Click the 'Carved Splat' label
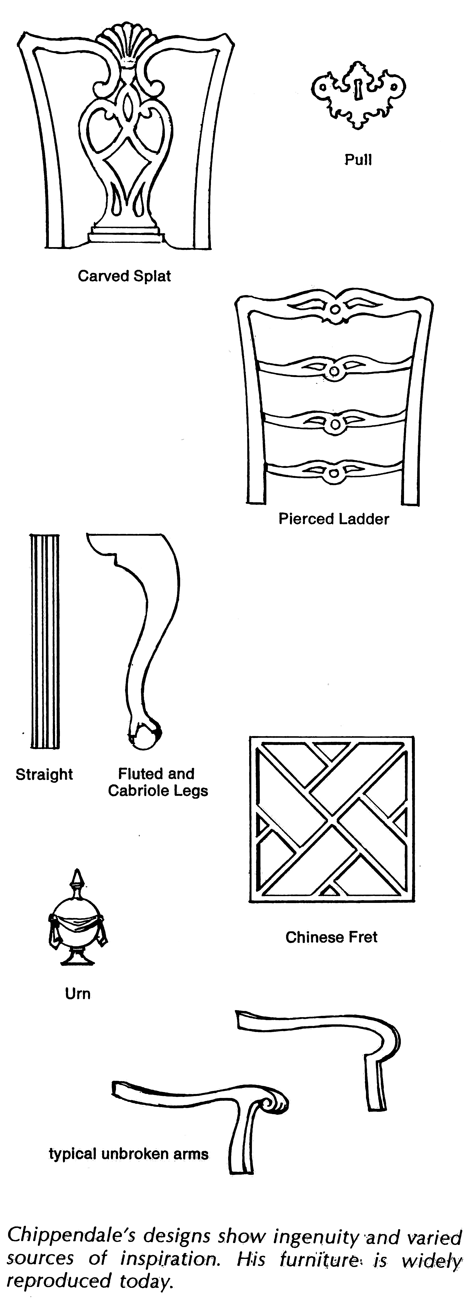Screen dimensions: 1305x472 [124, 276]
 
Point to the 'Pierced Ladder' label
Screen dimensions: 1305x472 [334, 519]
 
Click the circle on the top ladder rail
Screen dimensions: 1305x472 [335, 309]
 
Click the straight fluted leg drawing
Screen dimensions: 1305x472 [45, 641]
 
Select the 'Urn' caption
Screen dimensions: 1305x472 [78, 993]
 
